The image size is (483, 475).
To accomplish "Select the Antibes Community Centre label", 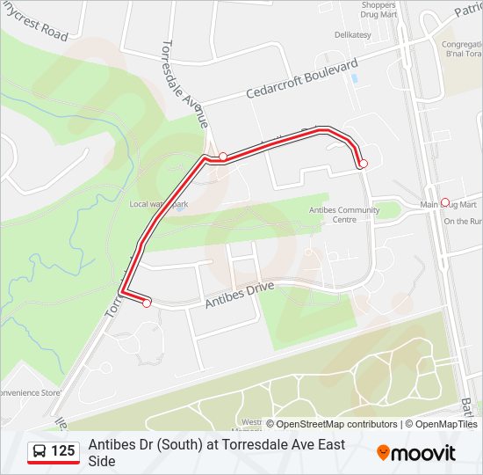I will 344,215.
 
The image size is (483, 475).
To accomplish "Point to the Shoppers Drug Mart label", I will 378,10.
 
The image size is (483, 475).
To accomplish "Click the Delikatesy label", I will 352,34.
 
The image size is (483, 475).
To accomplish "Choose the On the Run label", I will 461,222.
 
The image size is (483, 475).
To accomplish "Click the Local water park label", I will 159,204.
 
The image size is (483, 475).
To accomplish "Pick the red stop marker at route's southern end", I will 147,303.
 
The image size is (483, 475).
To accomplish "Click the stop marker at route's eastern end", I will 363,164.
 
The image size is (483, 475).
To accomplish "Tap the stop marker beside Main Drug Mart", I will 444,201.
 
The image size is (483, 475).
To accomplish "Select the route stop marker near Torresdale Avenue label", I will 223,157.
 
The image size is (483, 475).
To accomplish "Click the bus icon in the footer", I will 40,451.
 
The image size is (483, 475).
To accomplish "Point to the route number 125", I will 63,451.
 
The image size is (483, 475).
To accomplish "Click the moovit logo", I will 416,453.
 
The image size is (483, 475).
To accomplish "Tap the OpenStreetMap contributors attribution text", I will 336,424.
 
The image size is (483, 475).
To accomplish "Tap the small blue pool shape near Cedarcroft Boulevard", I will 354,78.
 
